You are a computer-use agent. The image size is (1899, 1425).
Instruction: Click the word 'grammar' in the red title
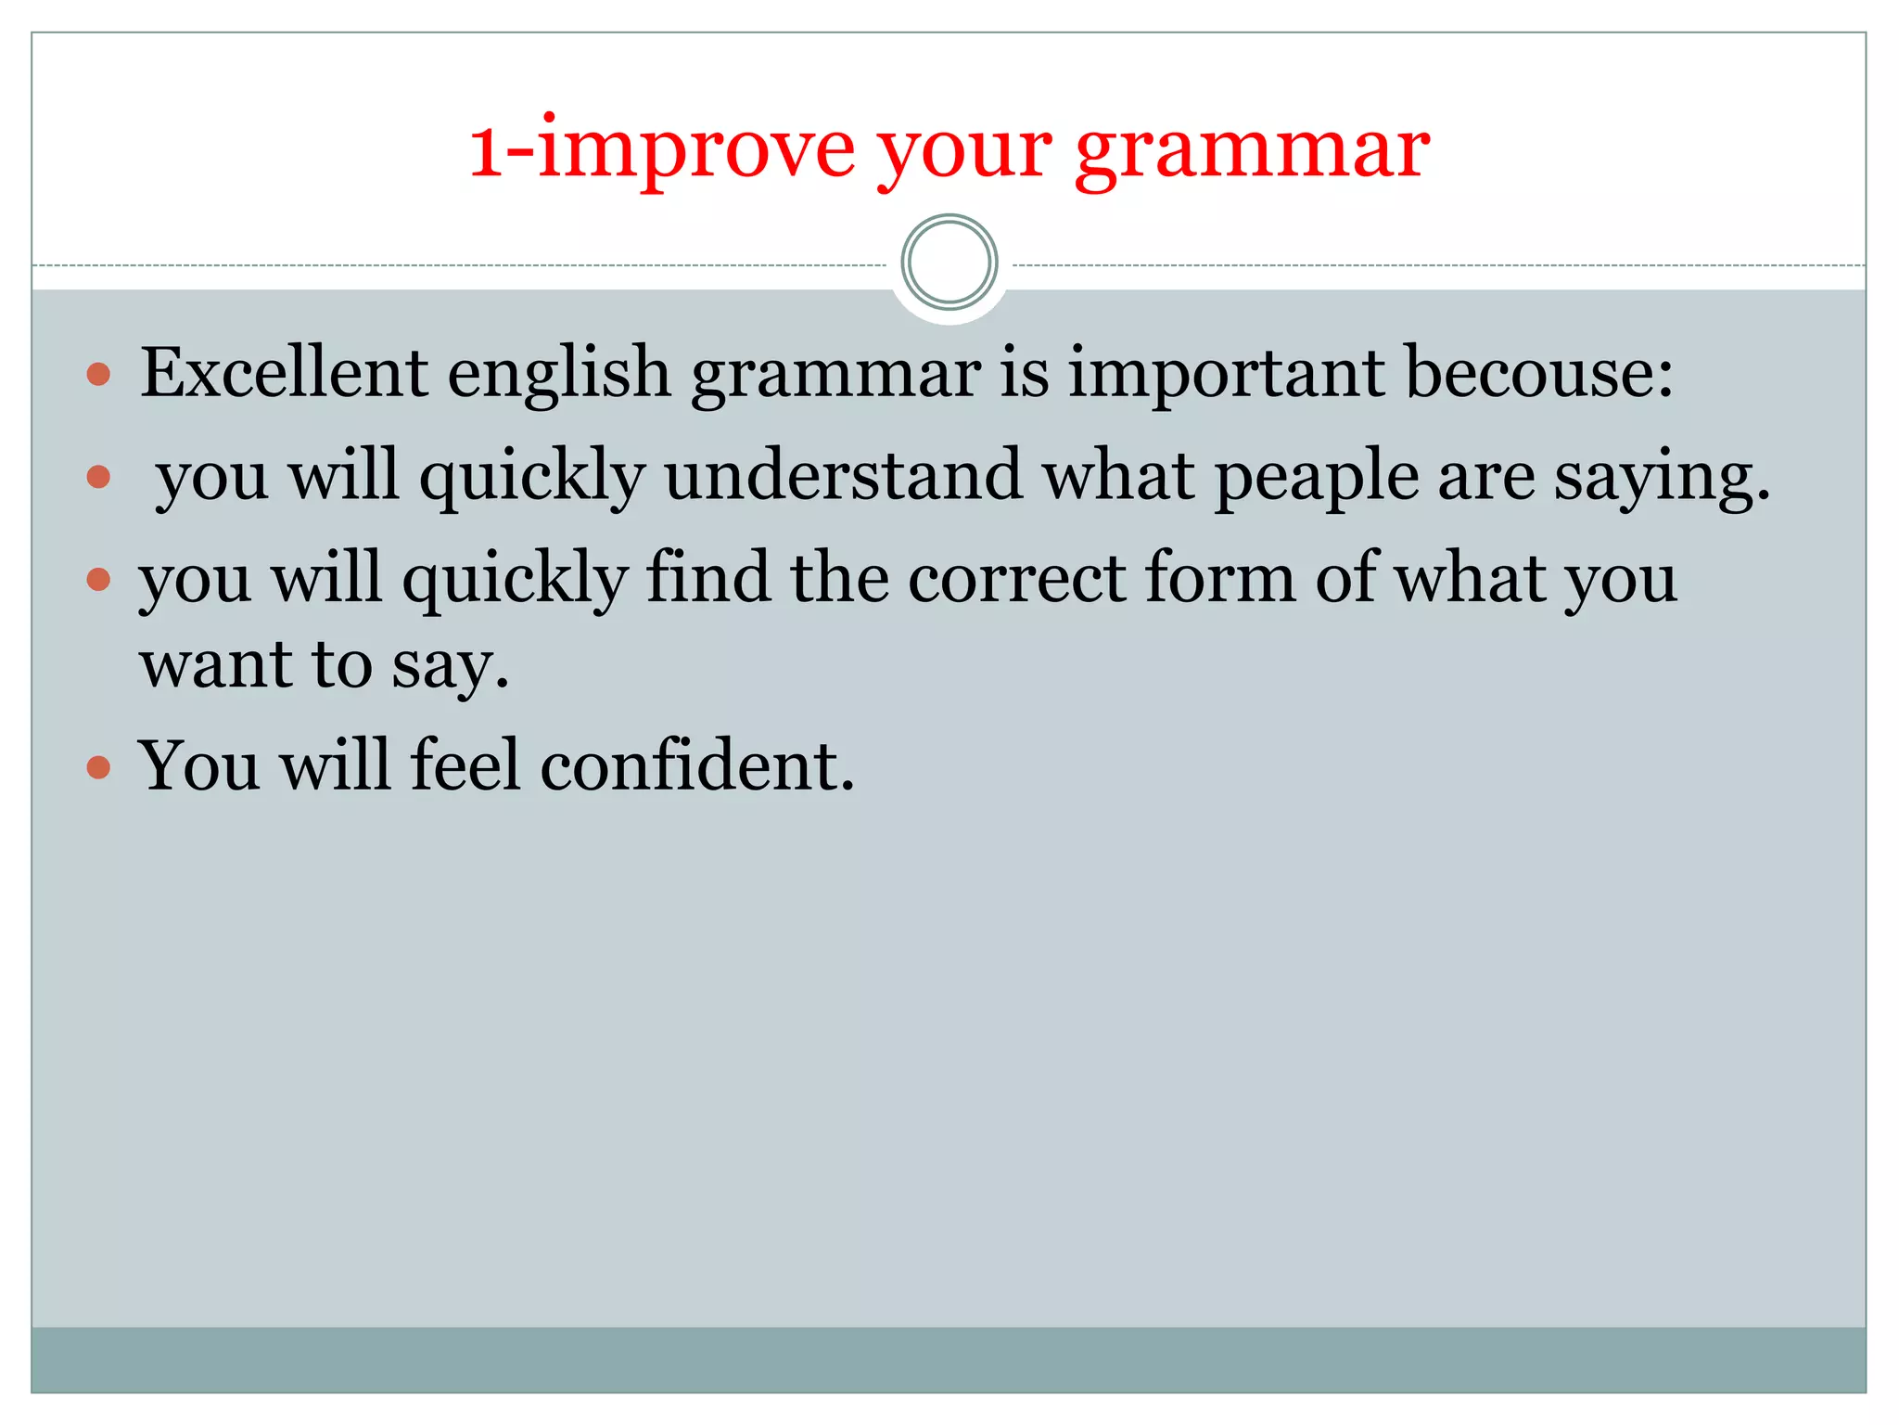tap(1252, 153)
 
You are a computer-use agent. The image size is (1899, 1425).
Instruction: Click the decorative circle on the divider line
tap(949, 263)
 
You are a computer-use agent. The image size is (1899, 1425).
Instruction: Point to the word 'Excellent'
tap(284, 373)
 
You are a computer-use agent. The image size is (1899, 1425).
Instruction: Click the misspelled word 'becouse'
tap(1539, 373)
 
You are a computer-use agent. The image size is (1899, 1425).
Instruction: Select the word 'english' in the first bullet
tap(559, 375)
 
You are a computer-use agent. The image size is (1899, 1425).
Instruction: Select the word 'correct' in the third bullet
tap(1016, 578)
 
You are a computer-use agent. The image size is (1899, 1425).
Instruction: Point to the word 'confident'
tap(696, 766)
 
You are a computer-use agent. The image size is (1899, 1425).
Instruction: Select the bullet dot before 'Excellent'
tap(98, 375)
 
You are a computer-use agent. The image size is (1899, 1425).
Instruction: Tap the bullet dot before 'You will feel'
tap(98, 767)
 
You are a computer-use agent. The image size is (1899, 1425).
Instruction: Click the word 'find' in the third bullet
tap(707, 578)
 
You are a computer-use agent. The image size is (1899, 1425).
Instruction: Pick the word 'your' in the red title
tap(964, 153)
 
